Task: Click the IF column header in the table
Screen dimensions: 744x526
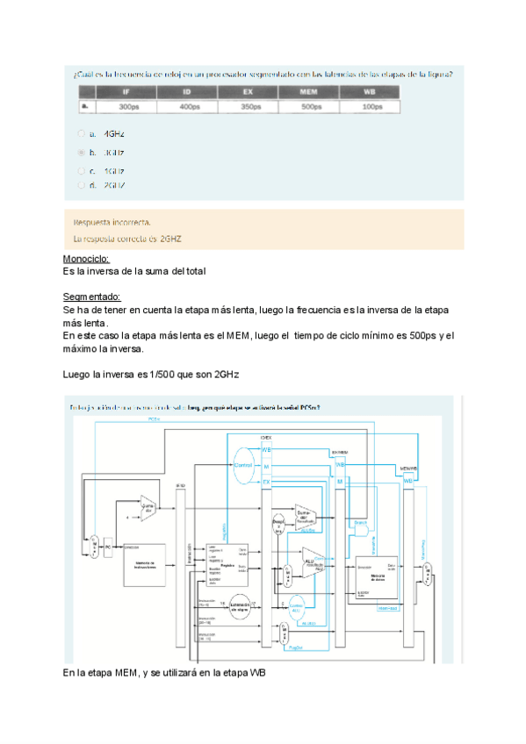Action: [x=128, y=91]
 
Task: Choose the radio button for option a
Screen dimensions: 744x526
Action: [x=82, y=134]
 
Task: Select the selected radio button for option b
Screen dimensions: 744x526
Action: [x=82, y=152]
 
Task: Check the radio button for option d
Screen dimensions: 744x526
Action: [x=82, y=185]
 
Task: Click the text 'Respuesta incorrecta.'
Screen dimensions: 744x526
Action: [x=112, y=222]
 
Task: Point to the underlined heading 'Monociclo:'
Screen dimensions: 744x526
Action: [x=86, y=260]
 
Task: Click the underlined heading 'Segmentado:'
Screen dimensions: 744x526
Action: [x=91, y=297]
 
